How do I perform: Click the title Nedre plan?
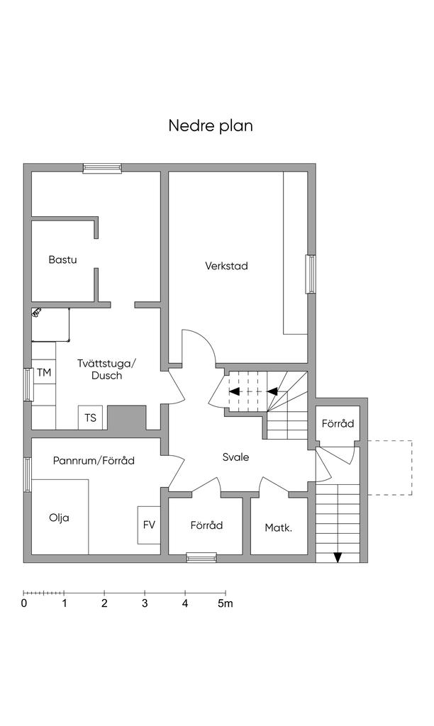click(x=211, y=125)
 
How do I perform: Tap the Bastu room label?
click(x=62, y=259)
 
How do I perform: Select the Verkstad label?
click(x=226, y=266)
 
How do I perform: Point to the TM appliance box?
click(x=44, y=372)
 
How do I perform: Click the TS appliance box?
click(x=91, y=418)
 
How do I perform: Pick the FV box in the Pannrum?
click(x=149, y=525)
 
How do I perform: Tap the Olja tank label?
click(x=59, y=518)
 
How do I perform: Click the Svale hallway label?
click(x=235, y=457)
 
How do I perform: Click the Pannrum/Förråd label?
click(x=94, y=461)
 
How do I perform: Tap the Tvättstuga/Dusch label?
click(x=106, y=369)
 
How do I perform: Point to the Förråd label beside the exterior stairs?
click(x=338, y=424)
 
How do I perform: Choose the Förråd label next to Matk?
click(x=206, y=525)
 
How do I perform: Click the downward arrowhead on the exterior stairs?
click(x=338, y=557)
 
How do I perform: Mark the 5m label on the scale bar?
click(x=225, y=604)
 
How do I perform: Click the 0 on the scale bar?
click(x=24, y=604)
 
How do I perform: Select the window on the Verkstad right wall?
click(x=310, y=273)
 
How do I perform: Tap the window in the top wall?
click(x=102, y=168)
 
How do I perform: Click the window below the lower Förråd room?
click(x=201, y=558)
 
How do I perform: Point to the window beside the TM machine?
click(x=28, y=385)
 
